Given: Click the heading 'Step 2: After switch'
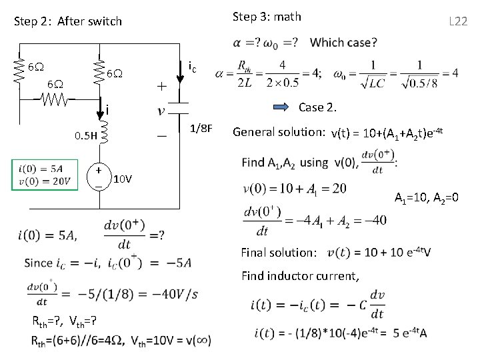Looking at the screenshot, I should coord(68,21).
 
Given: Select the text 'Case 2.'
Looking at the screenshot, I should coord(318,107).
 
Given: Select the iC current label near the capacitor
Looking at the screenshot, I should coord(191,67).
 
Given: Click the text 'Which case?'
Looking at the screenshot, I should coord(343,43).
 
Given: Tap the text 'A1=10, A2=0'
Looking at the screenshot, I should coord(425,198).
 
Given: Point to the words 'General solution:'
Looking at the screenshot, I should coord(278,132).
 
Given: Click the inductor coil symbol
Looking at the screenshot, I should coord(103,138).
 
